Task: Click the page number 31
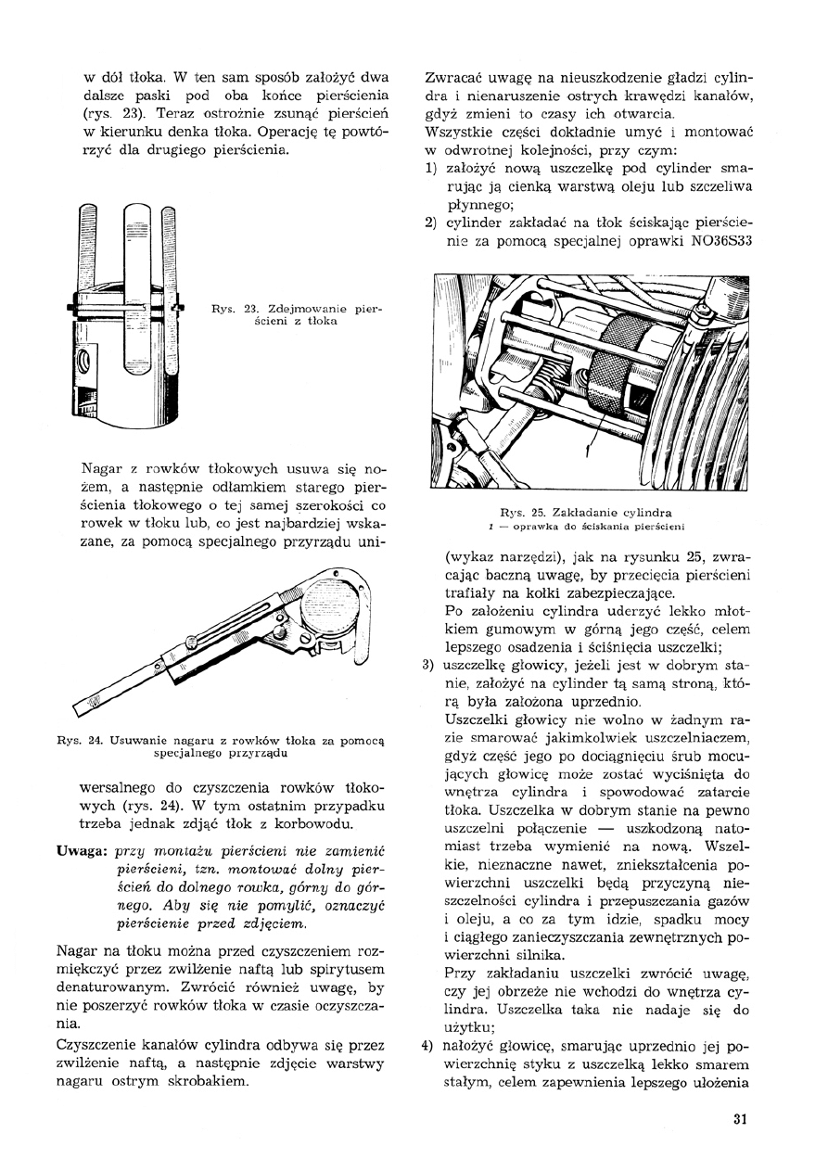pyautogui.click(x=739, y=1118)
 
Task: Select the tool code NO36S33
pyautogui.click(x=716, y=243)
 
